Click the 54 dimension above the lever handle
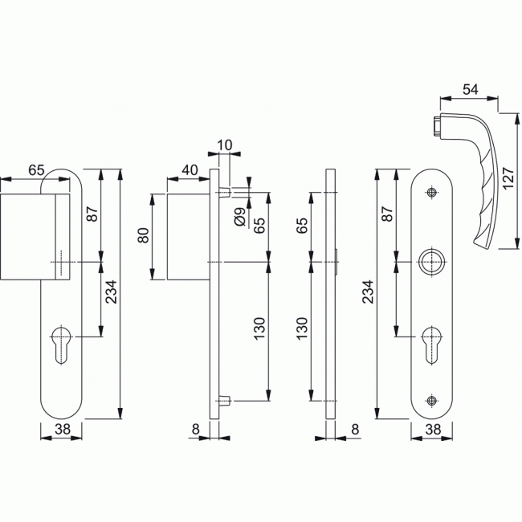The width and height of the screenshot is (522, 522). pyautogui.click(x=470, y=89)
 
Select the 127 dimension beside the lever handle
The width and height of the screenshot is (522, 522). pyautogui.click(x=508, y=178)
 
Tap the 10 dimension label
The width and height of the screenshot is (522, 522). pyautogui.click(x=224, y=145)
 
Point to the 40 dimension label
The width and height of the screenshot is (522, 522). pyautogui.click(x=190, y=170)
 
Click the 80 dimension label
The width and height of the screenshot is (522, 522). pyautogui.click(x=144, y=235)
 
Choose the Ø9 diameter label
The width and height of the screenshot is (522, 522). pyautogui.click(x=239, y=216)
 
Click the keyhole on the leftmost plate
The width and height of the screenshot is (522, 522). pyautogui.click(x=62, y=345)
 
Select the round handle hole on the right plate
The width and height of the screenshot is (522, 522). pyautogui.click(x=432, y=262)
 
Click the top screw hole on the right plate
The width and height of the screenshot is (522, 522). pyautogui.click(x=432, y=192)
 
